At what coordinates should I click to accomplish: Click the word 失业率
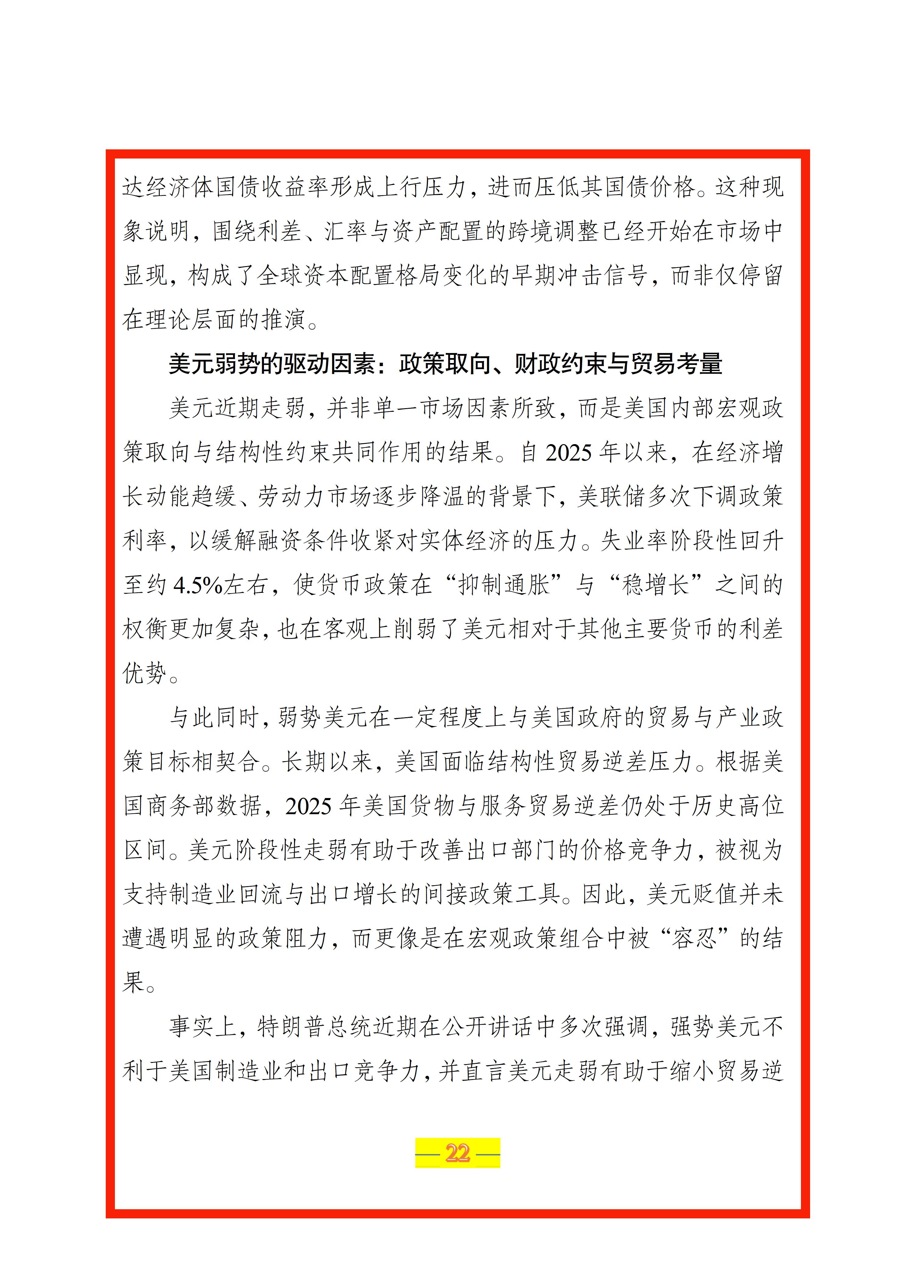(635, 540)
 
